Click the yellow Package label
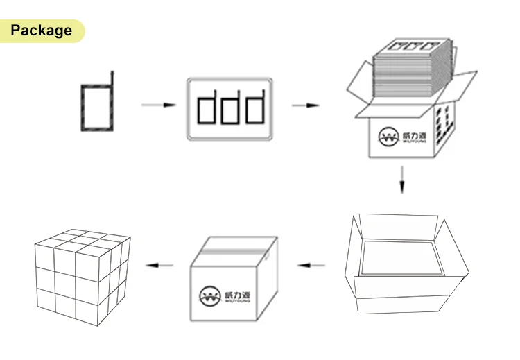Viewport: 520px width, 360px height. tap(42, 31)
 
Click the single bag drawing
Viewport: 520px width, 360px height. tap(96, 106)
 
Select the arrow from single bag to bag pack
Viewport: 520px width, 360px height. tap(157, 105)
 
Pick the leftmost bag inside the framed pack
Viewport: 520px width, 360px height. tap(207, 108)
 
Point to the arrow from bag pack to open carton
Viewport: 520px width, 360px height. tap(306, 105)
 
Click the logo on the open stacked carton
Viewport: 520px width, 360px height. tap(399, 137)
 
